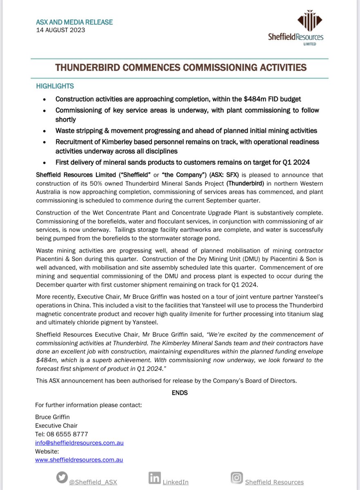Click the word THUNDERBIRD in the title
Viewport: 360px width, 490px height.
click(90, 67)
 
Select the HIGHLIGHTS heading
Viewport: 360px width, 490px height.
click(55, 86)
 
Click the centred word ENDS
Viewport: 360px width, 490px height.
click(180, 393)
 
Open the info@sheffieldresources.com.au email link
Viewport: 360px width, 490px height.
click(80, 443)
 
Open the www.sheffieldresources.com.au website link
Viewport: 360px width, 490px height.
click(79, 459)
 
